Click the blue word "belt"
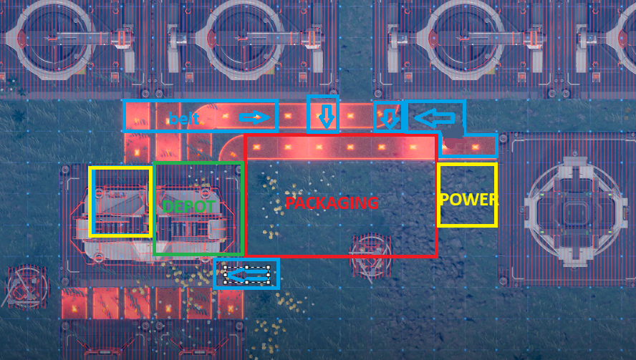coord(184,119)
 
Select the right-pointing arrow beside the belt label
coord(256,117)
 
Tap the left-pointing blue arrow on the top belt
coord(435,116)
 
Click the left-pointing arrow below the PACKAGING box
coord(246,273)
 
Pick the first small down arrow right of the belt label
coord(327,115)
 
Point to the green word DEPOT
coord(190,206)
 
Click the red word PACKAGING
coord(332,203)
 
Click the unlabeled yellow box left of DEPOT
coord(120,202)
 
